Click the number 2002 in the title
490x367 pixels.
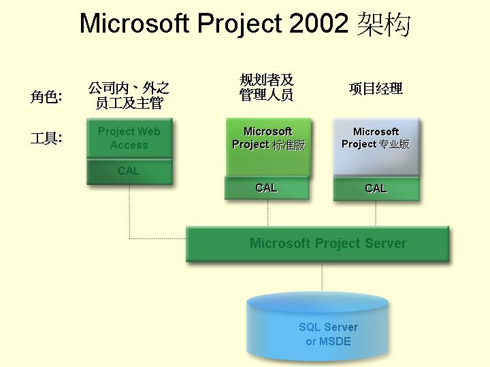point(318,23)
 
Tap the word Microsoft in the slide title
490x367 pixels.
point(135,23)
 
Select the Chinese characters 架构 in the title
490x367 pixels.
point(383,24)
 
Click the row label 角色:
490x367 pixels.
point(46,97)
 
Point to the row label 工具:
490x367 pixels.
point(46,138)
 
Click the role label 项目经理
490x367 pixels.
point(376,88)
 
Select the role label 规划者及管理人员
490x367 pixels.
point(267,88)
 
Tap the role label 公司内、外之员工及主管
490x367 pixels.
point(129,96)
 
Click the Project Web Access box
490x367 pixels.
point(129,138)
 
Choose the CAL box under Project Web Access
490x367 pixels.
point(129,171)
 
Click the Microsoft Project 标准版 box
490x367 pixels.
point(268,147)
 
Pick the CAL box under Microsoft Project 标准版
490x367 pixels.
point(267,188)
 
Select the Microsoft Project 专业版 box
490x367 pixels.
point(376,147)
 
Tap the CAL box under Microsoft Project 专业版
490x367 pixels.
point(376,189)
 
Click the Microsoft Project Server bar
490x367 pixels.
point(318,244)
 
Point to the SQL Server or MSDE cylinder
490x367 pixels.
point(318,328)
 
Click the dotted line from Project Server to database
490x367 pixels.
point(322,277)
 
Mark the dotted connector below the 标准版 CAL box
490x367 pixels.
point(268,213)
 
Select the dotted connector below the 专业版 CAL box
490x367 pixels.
point(376,213)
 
